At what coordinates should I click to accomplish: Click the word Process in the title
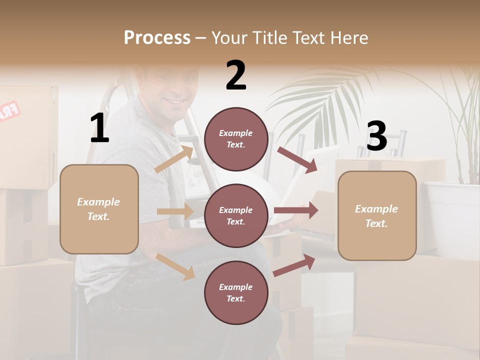tap(157, 37)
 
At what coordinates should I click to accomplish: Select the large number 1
tap(99, 128)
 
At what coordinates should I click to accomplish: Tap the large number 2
tap(236, 75)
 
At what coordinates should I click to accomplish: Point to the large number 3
tap(376, 136)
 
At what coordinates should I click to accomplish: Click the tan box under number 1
tap(99, 209)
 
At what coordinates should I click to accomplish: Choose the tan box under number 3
tap(377, 216)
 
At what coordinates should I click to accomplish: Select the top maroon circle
tap(236, 139)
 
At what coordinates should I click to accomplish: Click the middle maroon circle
tap(236, 216)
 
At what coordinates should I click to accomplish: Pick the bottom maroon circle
tap(236, 293)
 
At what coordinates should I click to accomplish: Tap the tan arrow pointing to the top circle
tap(174, 159)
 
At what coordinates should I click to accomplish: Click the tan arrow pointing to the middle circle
tap(174, 211)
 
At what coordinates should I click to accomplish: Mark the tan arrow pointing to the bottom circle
tap(175, 266)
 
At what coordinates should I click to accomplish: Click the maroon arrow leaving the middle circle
tap(295, 210)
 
